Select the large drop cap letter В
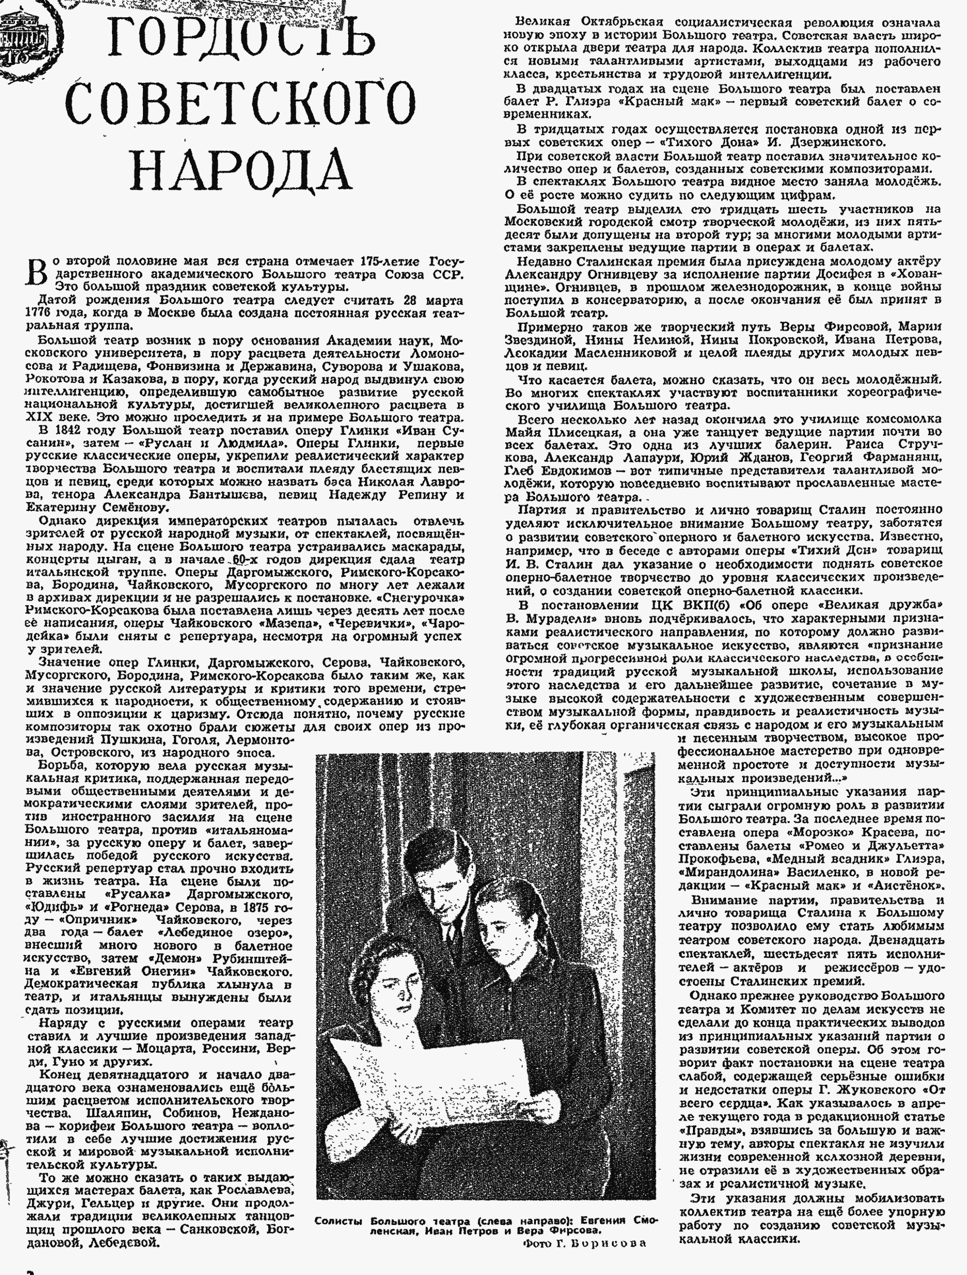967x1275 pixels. click(36, 272)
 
